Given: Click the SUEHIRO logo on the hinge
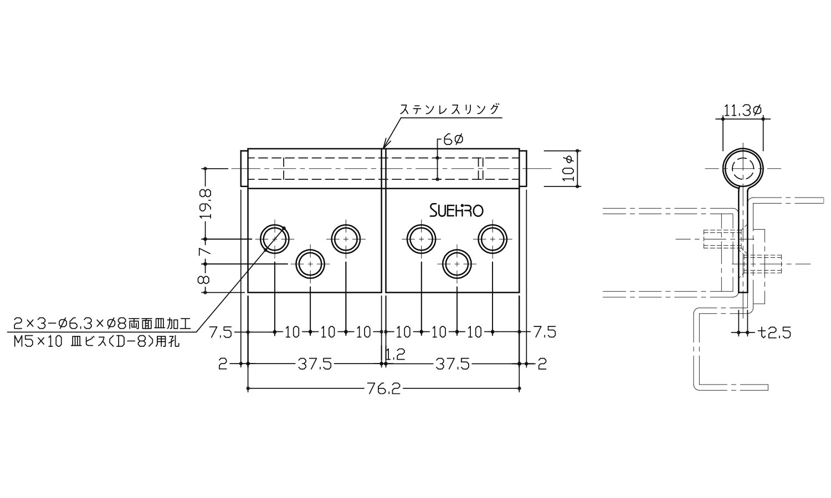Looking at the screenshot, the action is tap(456, 210).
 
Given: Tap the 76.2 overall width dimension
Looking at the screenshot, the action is tap(383, 388).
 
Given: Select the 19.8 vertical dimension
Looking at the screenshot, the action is tap(206, 204).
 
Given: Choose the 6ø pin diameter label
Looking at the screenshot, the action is tap(453, 139).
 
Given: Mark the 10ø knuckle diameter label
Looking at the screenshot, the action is tap(568, 168).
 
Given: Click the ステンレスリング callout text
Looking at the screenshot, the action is tap(450, 109).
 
